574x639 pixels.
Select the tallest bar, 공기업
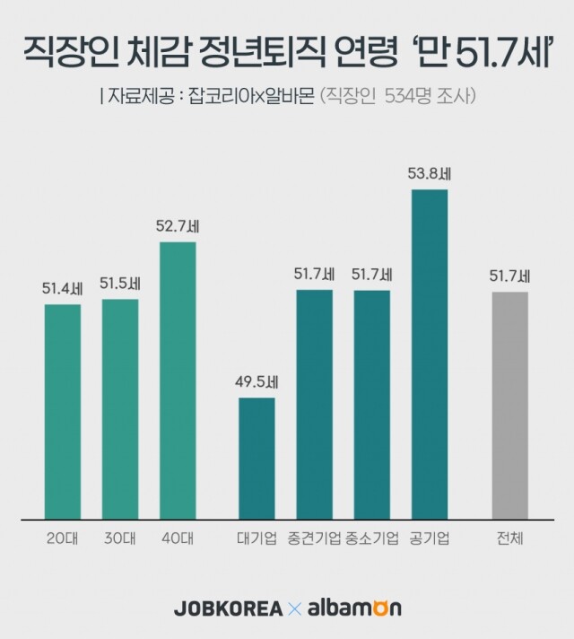430,354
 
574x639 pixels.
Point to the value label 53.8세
430,175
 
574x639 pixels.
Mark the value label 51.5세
120,284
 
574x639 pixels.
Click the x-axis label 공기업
430,539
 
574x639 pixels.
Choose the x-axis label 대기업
257,539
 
